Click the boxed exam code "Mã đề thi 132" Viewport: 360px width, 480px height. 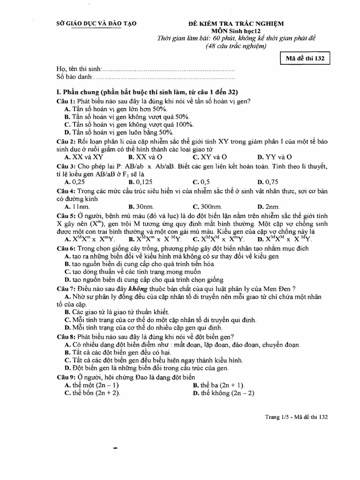305,59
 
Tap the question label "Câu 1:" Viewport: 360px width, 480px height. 66,101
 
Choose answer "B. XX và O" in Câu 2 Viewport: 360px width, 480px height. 145,157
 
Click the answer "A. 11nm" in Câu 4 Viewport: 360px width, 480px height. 77,206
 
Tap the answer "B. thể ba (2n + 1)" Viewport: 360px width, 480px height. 219,385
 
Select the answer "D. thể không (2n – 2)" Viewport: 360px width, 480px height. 223,393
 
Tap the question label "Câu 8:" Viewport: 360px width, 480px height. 66,336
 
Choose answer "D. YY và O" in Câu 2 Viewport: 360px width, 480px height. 275,157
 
